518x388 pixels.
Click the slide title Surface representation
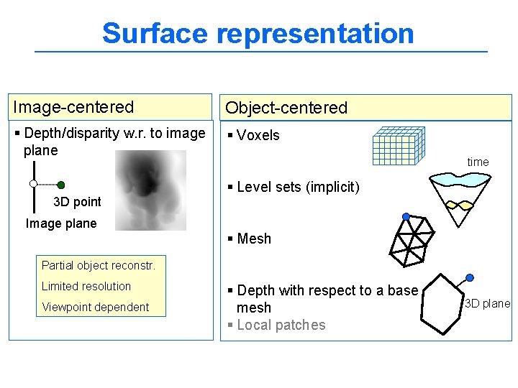click(258, 33)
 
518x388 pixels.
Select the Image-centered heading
click(73, 107)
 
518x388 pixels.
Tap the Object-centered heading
click(286, 108)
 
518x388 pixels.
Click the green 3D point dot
click(61, 185)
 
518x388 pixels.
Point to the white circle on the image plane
click(33, 185)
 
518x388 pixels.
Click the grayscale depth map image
click(151, 190)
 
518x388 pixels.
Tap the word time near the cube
click(478, 162)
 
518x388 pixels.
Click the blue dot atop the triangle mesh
click(406, 216)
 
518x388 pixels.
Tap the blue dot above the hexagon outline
click(470, 277)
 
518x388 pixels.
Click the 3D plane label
click(487, 303)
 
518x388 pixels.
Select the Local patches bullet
click(281, 325)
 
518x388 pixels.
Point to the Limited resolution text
click(86, 286)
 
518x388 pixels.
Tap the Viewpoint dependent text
click(95, 307)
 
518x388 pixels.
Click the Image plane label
click(61, 223)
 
